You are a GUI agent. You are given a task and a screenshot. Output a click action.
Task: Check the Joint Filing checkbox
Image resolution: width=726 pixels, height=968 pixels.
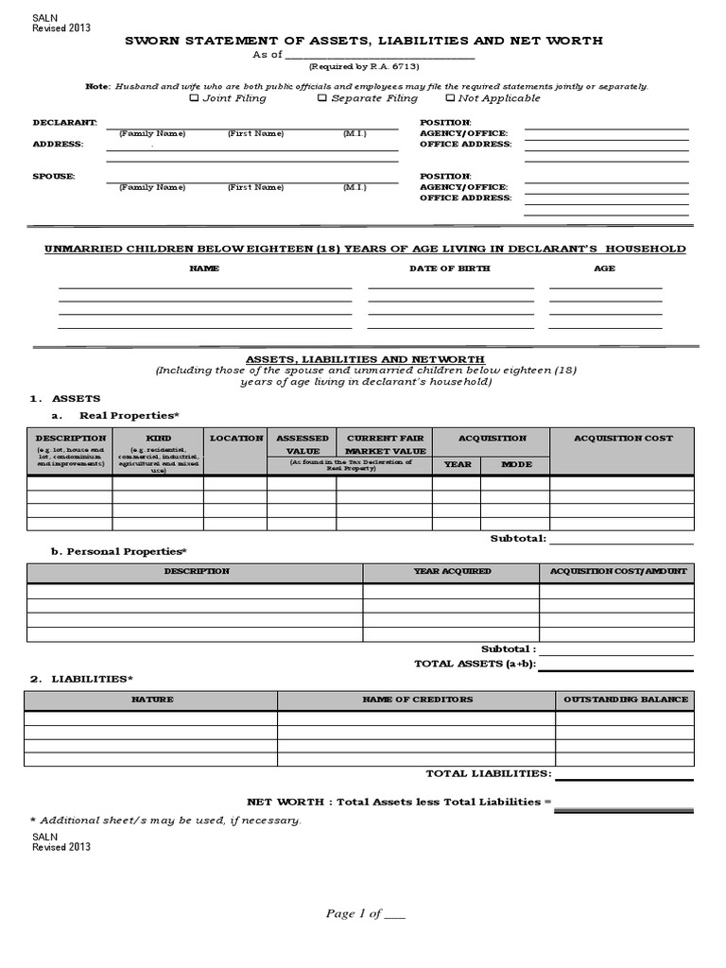tap(195, 98)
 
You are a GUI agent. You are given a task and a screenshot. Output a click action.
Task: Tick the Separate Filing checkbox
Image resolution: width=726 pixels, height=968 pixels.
tap(322, 98)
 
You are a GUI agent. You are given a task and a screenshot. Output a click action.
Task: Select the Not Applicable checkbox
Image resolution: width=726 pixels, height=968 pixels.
tap(450, 98)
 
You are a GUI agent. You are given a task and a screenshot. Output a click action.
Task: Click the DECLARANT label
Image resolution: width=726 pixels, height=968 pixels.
tap(65, 123)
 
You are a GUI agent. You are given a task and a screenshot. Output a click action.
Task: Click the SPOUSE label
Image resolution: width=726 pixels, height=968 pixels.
tap(55, 177)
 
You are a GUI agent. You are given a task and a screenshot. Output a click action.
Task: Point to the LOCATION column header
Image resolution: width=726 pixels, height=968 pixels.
tap(236, 439)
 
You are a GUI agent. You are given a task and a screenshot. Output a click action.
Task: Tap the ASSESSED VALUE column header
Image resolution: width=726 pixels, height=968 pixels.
tap(302, 444)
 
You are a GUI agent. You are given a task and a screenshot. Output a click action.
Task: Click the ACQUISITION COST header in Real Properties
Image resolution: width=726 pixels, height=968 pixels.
tap(624, 439)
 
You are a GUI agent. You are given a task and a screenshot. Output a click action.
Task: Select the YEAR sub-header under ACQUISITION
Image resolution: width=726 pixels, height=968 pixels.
tap(457, 465)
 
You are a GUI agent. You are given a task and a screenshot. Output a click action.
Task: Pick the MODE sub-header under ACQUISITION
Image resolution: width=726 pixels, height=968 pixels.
tap(516, 465)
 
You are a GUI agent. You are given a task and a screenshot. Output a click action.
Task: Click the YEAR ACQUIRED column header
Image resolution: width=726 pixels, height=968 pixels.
tap(452, 572)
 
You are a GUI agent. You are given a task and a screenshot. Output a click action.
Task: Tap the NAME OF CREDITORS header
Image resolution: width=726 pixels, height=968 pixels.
tap(417, 700)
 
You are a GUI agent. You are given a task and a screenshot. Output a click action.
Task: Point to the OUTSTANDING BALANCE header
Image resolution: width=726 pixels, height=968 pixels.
tap(626, 700)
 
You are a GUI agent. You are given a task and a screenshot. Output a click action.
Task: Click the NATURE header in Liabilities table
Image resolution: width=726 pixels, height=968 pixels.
tap(151, 700)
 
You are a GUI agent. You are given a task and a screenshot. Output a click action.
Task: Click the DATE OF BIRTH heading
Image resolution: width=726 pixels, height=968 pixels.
tap(449, 268)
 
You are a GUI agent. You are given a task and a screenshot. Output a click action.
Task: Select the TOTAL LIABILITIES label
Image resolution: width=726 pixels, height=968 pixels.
tap(488, 773)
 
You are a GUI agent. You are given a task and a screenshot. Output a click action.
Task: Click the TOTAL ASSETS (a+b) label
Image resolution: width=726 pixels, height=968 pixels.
tap(475, 664)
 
